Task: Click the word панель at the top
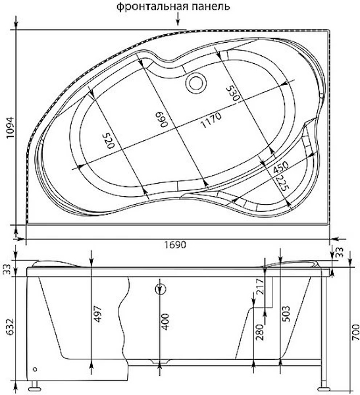click(211, 7)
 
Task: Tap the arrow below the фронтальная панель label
click(178, 19)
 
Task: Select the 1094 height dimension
click(11, 128)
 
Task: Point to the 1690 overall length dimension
click(175, 245)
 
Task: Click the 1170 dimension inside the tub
click(211, 120)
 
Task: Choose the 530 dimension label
click(232, 93)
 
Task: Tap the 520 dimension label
click(109, 141)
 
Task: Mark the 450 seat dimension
click(280, 167)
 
